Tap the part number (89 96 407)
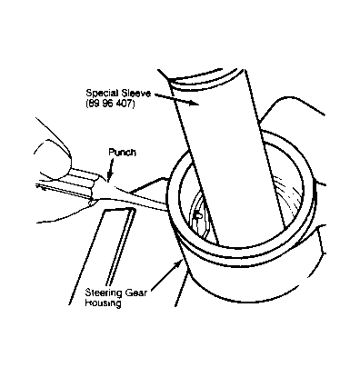pyautogui.click(x=110, y=104)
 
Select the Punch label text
pyautogui.click(x=122, y=153)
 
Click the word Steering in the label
pyautogui.click(x=104, y=293)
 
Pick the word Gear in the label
pyautogui.click(x=135, y=293)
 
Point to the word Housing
pyautogui.click(x=103, y=303)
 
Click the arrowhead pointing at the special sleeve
pyautogui.click(x=194, y=104)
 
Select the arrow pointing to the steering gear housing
pyautogui.click(x=166, y=277)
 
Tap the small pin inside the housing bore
pyautogui.click(x=198, y=215)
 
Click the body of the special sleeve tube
pyautogui.click(x=230, y=157)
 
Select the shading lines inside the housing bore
pyautogui.click(x=287, y=193)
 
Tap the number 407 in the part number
pyautogui.click(x=126, y=104)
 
